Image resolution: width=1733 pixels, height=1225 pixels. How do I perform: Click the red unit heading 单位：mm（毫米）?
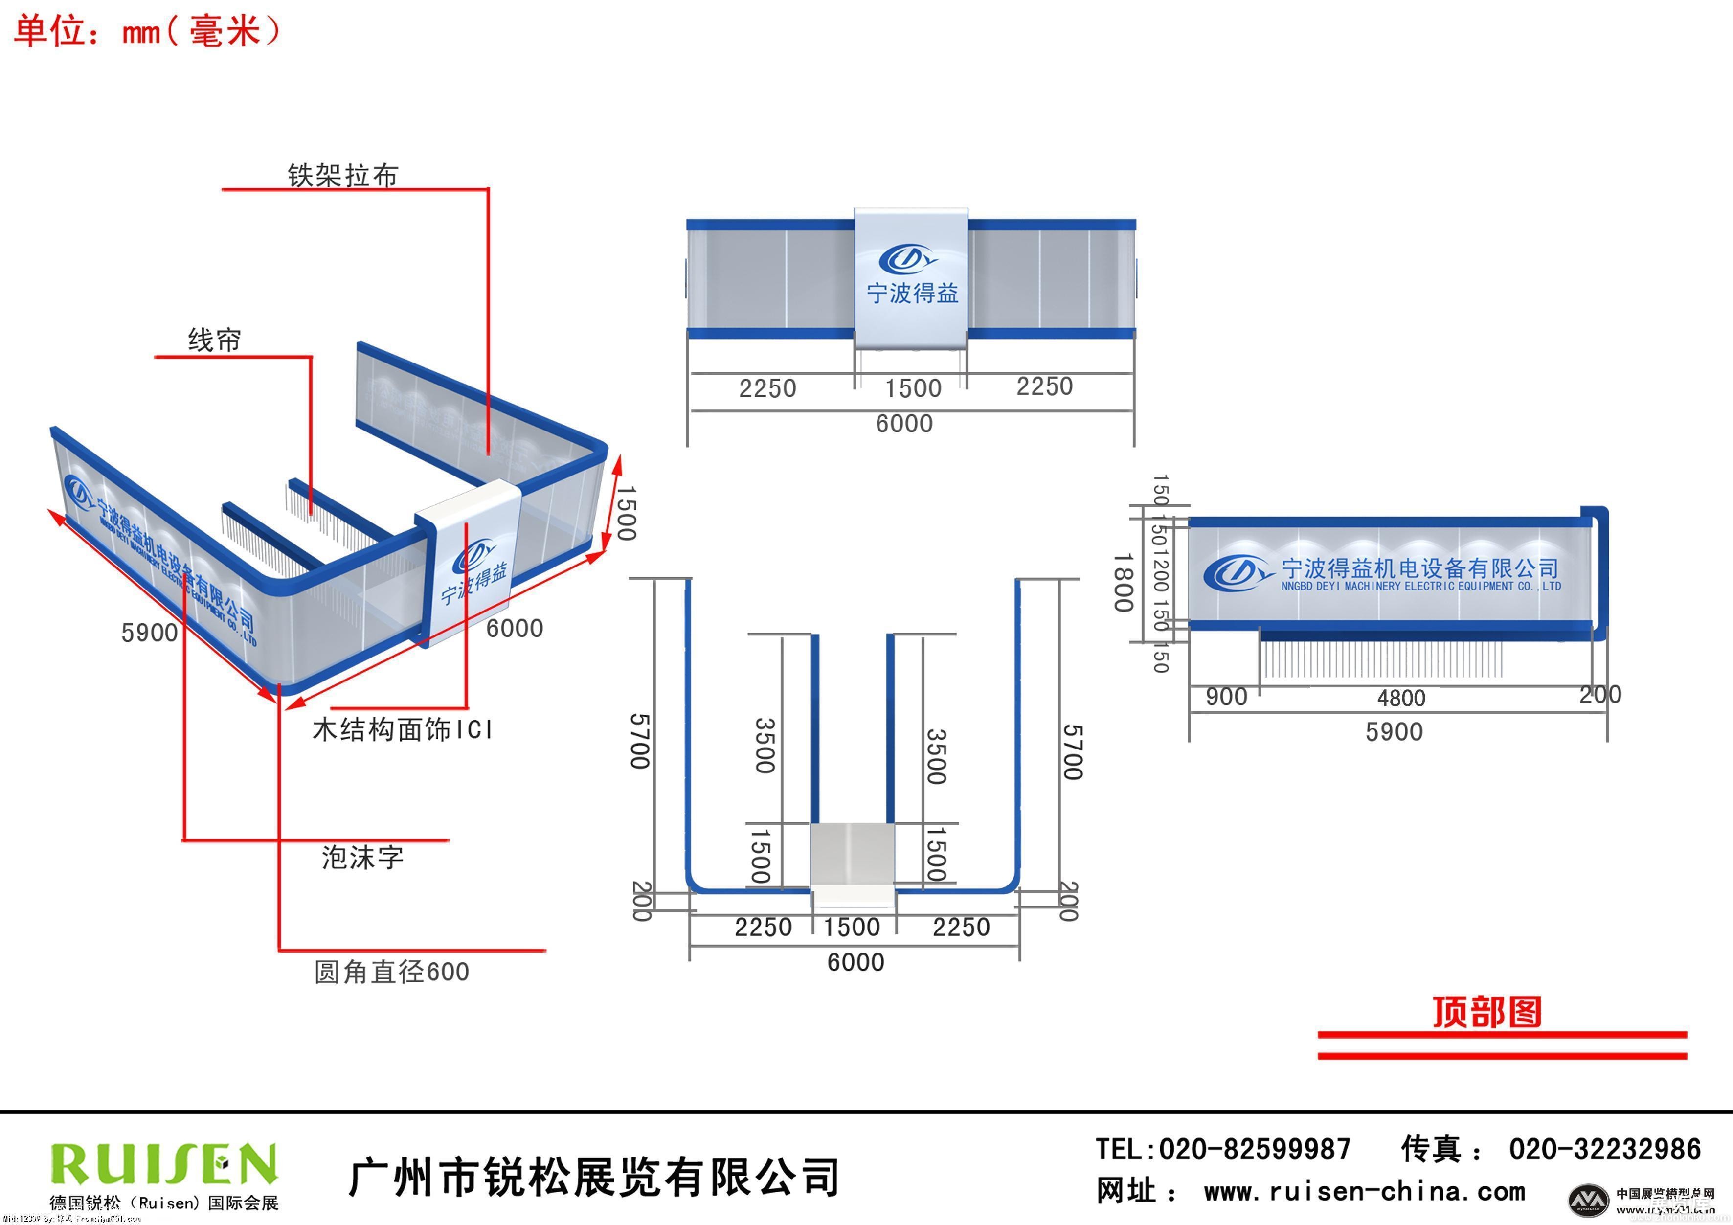[147, 32]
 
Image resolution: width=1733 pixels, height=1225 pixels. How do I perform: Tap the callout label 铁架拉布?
[342, 175]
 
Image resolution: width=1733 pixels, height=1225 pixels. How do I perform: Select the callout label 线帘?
[214, 340]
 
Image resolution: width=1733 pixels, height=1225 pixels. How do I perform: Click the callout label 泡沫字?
[362, 858]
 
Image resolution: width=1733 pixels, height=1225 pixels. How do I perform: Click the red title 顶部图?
[1486, 1012]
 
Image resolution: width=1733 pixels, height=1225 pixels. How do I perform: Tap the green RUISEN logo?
[163, 1163]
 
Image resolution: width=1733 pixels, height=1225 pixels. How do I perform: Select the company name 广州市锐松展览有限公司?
[594, 1177]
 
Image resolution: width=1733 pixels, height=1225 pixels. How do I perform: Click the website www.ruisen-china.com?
[1364, 1192]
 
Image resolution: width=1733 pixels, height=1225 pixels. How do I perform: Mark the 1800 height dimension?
[1123, 583]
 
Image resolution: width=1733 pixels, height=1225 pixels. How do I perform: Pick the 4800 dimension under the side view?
[1401, 698]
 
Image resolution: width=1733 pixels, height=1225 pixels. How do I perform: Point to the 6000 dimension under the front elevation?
[904, 424]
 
